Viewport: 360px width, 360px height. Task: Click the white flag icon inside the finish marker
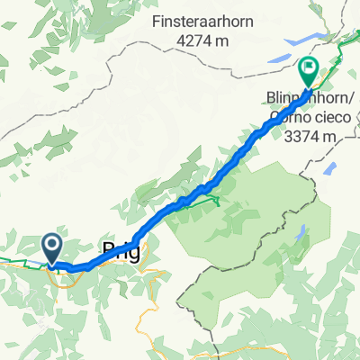pos(308,65)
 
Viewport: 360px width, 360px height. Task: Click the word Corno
pos(279,118)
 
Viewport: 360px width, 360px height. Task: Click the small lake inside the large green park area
pos(299,233)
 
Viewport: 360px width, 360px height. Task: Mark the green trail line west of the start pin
pos(18,263)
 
